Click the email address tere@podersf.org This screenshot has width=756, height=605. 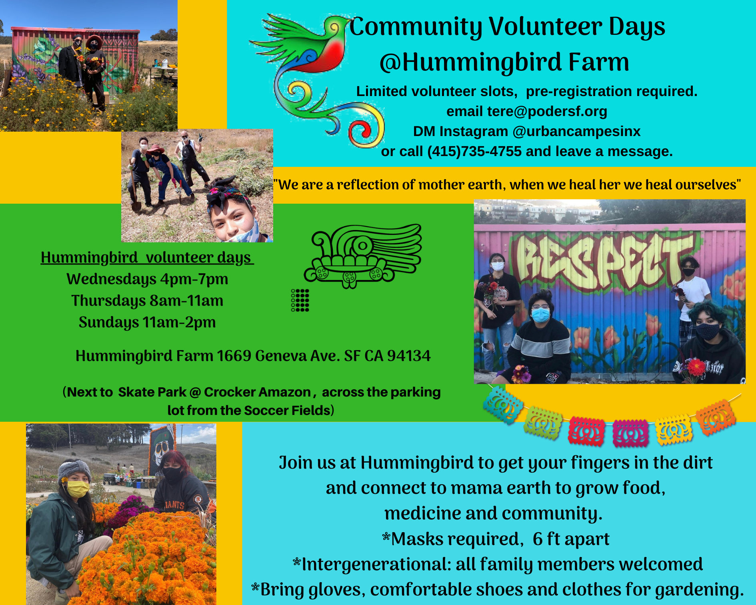coord(547,111)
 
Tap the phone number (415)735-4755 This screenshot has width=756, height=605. coord(474,151)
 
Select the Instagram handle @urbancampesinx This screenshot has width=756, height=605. coord(576,131)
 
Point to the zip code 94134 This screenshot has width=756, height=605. coord(409,356)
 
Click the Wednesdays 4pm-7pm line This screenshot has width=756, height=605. coord(147,279)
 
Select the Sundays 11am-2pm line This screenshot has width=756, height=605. coord(147,322)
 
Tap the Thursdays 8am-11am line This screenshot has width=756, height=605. coord(147,300)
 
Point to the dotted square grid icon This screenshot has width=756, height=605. coord(300,300)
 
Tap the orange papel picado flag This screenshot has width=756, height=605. coord(716,417)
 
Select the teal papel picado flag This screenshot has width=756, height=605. coord(502,405)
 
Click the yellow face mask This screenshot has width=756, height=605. coord(78,489)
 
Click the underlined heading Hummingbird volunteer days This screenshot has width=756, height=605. coord(147,257)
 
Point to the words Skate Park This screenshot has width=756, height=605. coord(152,392)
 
